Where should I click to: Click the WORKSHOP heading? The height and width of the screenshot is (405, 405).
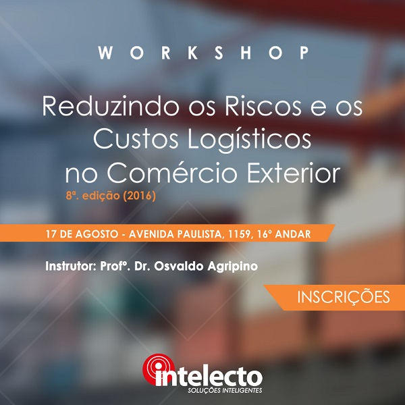point(203,53)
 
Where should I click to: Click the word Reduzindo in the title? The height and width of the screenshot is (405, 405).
point(110,106)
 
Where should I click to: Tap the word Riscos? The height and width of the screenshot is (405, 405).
point(263,106)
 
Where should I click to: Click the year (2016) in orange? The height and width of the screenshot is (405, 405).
point(140,196)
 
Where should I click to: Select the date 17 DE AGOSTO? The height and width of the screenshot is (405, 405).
point(82,234)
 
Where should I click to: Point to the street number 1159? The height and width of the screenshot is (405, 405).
point(240,234)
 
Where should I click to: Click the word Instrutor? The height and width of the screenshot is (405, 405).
point(70,266)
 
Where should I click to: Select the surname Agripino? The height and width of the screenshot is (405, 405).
point(232,267)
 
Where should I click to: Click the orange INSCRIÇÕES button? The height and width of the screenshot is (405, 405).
point(334,297)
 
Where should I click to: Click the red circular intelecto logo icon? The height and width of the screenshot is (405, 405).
point(158,369)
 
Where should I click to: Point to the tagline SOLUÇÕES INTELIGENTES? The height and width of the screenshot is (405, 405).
point(225,389)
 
